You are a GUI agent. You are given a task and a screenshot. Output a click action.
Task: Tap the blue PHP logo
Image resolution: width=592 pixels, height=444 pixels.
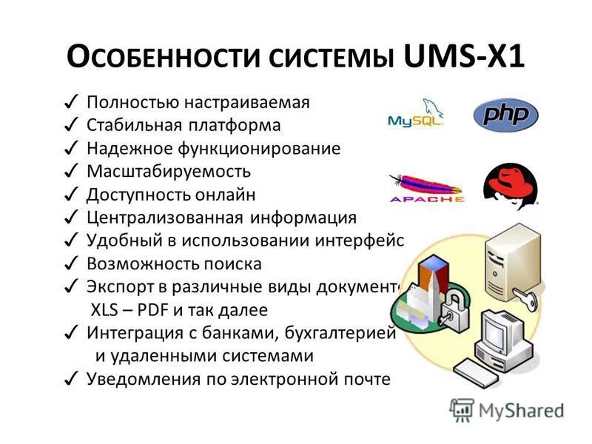pos(506,115)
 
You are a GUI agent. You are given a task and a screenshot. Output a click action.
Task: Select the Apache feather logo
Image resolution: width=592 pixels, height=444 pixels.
pos(426,188)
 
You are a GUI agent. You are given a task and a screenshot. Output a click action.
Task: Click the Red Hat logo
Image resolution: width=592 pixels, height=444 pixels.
pos(511,185)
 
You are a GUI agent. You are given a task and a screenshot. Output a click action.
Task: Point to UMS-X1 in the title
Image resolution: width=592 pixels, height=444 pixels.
pos(465,58)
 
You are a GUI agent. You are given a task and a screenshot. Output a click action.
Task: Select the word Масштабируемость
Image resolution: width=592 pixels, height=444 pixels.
pos(169,172)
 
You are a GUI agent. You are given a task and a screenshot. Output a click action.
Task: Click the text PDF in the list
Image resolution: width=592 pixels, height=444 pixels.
pos(154,310)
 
